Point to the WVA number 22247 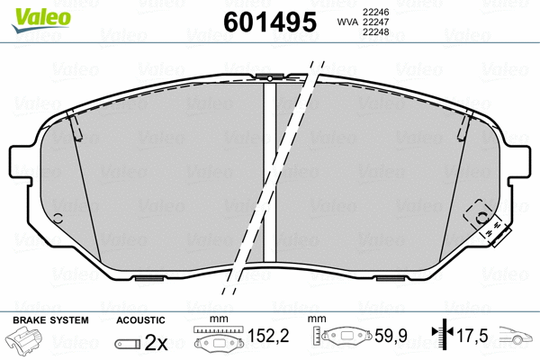pos(375,22)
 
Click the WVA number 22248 pos(375,33)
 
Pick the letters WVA pos(346,22)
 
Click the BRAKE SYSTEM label pos(50,319)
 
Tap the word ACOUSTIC pos(140,319)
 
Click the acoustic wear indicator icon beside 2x pos(129,344)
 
